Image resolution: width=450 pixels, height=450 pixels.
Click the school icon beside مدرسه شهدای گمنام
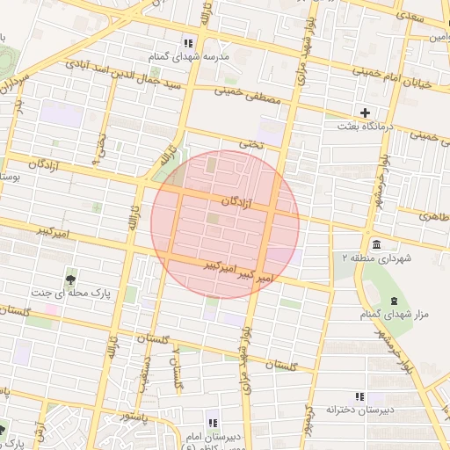pos(188,43)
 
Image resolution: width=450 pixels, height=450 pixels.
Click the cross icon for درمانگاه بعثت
pos(365,112)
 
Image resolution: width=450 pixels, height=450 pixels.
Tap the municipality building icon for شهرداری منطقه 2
pos(377,243)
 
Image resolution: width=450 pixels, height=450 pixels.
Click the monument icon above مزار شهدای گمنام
pos(394,301)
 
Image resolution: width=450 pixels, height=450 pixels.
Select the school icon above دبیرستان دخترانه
pos(358,396)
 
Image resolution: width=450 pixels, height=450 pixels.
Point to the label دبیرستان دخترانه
pos(357,410)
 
